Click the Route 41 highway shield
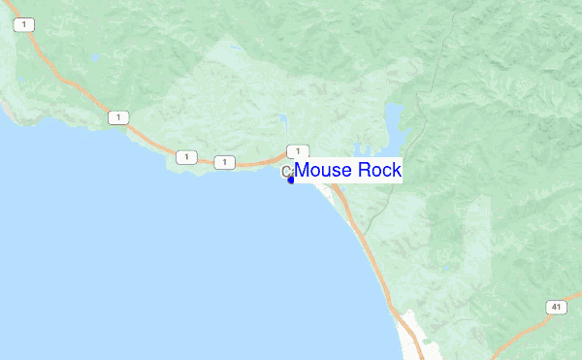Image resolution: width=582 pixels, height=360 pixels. coord(556,308)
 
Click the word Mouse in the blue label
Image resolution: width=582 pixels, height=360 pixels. coord(323,170)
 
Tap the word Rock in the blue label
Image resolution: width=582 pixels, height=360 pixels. coord(379,170)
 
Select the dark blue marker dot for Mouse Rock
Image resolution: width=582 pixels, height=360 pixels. coord(290,179)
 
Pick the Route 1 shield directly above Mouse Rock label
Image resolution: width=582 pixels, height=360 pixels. coord(292,150)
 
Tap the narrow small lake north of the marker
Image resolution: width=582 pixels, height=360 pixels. coord(284,123)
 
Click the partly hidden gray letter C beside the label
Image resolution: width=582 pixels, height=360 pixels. coord(286,172)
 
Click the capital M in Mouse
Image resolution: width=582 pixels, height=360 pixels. coord(303,170)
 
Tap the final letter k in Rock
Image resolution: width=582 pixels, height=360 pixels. coord(396,170)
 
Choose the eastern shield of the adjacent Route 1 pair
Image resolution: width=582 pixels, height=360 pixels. coord(225,161)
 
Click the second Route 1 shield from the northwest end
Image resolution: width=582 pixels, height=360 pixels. coord(118,117)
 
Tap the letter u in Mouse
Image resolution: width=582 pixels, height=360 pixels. coord(328,171)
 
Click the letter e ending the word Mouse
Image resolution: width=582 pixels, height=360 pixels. coord(346,171)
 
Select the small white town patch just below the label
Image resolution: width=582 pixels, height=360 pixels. coord(335,199)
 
